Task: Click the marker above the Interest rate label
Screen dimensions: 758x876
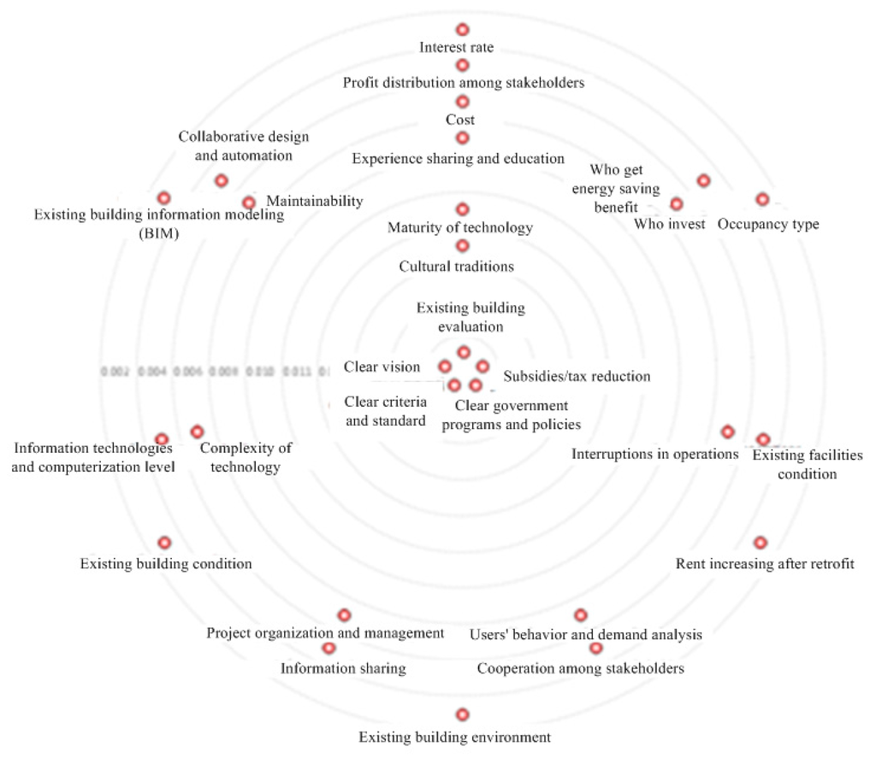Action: click(463, 29)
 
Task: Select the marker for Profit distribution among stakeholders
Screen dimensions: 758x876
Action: click(463, 65)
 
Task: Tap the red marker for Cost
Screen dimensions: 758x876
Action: click(463, 102)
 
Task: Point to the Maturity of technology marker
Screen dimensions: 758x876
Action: click(463, 209)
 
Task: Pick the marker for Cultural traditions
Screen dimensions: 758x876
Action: click(463, 246)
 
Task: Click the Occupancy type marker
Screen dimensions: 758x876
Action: click(762, 199)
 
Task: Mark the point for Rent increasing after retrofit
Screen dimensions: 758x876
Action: click(761, 543)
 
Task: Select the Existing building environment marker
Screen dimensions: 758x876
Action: click(463, 714)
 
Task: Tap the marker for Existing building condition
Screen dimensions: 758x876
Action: click(164, 543)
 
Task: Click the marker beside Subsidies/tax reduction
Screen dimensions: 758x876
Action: click(482, 367)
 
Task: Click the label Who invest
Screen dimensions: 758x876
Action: click(669, 225)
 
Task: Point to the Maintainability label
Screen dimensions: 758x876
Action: click(315, 201)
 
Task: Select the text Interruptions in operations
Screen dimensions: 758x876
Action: click(654, 454)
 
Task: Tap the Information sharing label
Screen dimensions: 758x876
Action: click(343, 668)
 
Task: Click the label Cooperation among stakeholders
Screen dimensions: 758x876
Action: click(580, 668)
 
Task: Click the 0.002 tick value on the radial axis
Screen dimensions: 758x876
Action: click(114, 373)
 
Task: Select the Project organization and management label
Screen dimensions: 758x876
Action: click(325, 633)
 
